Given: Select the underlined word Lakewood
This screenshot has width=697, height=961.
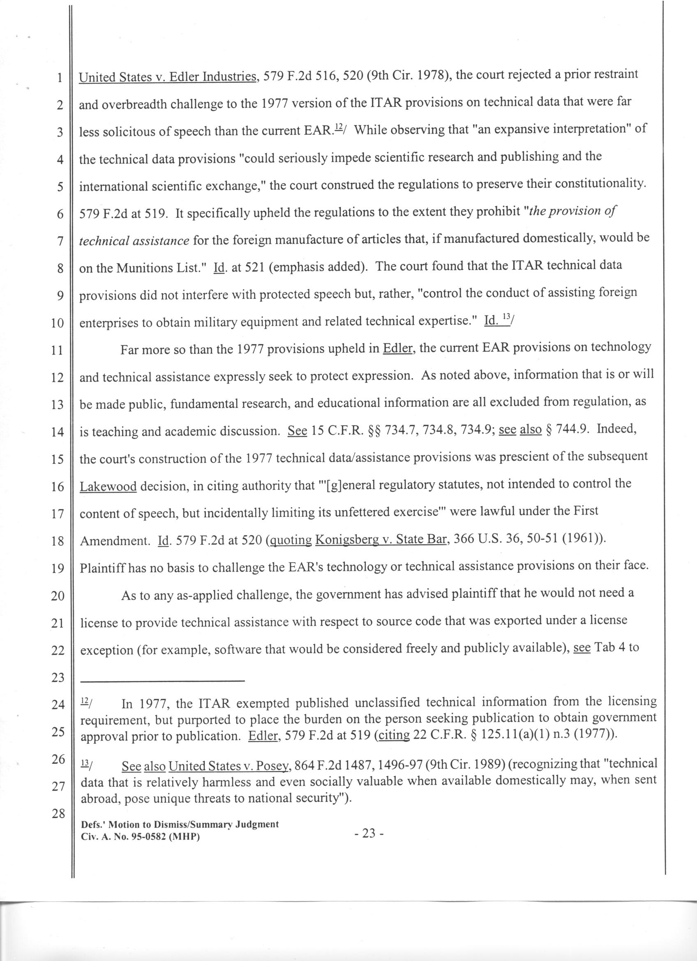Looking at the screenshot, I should coord(108,486).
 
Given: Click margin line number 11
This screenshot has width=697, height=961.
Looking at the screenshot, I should coord(57,351).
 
